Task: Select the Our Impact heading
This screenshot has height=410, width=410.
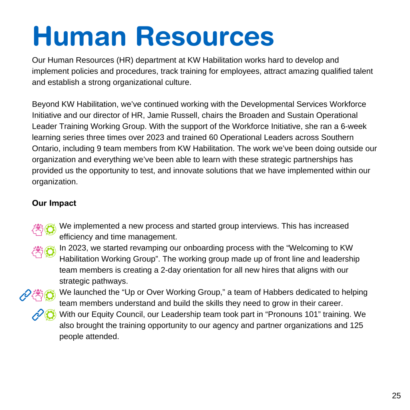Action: click(x=54, y=203)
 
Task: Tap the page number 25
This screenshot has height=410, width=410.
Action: click(x=396, y=396)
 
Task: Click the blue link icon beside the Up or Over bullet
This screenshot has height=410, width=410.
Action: click(x=25, y=295)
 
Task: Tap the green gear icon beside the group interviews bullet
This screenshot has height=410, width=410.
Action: click(x=50, y=229)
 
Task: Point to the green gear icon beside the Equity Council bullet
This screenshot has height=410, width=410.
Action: click(x=50, y=315)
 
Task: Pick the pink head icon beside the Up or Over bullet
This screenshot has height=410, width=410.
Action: click(x=37, y=295)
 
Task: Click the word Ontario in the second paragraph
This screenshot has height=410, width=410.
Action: click(x=45, y=149)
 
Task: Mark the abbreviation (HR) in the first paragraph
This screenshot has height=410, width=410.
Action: click(x=127, y=60)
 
